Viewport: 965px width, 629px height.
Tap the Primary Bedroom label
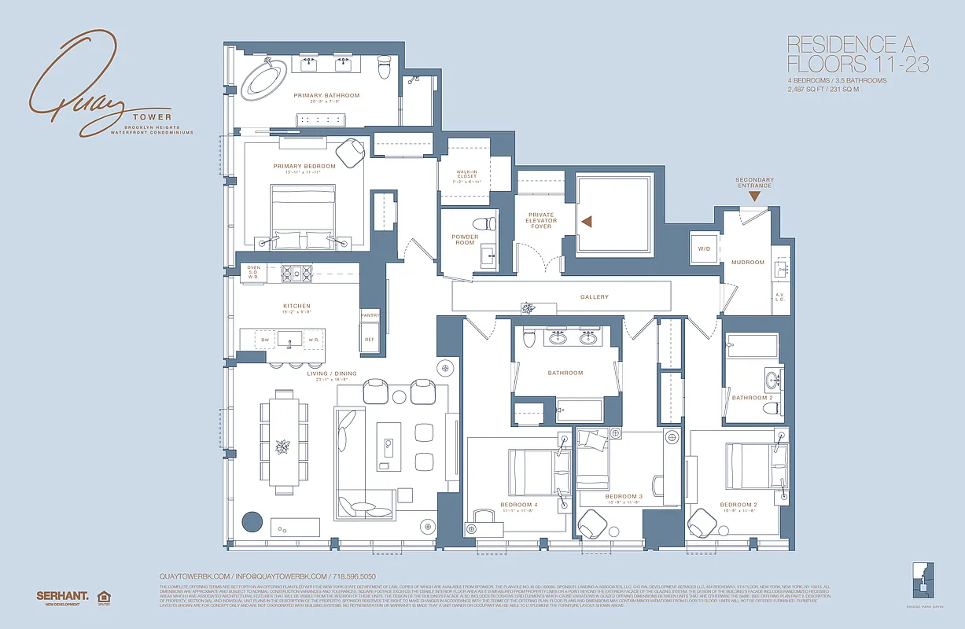click(x=304, y=166)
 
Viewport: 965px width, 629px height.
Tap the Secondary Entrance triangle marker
click(x=754, y=196)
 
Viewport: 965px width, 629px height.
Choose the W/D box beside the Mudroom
click(x=702, y=248)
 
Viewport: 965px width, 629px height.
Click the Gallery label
click(x=595, y=297)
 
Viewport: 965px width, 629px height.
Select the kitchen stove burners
click(x=297, y=274)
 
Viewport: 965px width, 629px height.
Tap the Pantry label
click(x=370, y=315)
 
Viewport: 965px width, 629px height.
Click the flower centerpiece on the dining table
click(x=280, y=447)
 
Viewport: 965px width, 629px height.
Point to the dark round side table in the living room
click(x=252, y=522)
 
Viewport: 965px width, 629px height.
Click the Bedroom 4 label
click(x=518, y=504)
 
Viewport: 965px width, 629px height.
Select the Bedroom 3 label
click(x=624, y=496)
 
